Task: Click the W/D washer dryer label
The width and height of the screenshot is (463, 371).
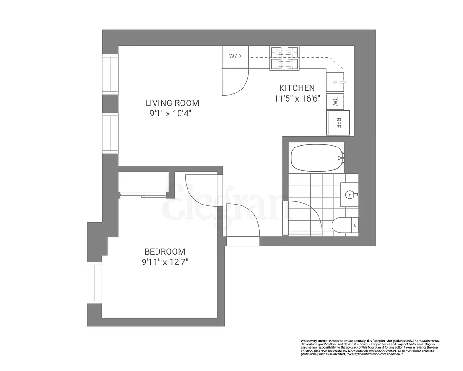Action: pos(235,56)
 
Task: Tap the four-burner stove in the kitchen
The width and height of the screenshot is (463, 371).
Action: pos(285,58)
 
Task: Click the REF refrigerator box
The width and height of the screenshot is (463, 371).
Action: pos(338,123)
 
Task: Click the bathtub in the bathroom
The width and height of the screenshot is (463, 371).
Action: pos(317,158)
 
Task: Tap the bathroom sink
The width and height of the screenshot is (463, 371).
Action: pos(350,194)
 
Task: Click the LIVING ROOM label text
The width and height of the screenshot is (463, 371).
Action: pos(172,103)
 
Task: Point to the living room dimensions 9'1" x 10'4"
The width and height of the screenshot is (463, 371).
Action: pos(168,114)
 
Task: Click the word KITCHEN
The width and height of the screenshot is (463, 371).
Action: pos(297,88)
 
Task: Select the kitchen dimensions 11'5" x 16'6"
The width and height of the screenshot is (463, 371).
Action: pos(297,98)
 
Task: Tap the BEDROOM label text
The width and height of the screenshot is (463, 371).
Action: pos(165,251)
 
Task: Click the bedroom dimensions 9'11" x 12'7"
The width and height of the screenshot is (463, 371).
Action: pos(165,262)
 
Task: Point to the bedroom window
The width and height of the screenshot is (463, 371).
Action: pos(94,282)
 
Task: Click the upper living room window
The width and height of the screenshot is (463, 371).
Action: pos(110,74)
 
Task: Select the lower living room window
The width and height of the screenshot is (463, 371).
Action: pos(110,134)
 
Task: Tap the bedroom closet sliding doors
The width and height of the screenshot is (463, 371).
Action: pos(144,195)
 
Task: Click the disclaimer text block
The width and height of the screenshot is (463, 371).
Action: pos(370,347)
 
